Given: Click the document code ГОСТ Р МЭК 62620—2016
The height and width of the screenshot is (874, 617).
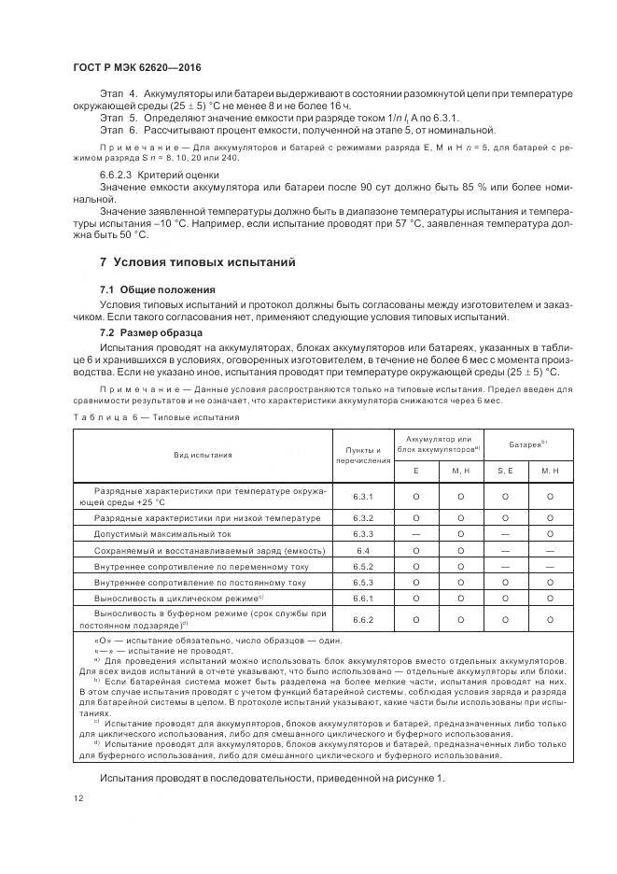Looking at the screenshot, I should [x=137, y=68].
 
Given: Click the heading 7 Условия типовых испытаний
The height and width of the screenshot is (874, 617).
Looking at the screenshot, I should [x=197, y=262].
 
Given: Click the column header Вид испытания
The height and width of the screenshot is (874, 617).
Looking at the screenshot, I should [x=203, y=455].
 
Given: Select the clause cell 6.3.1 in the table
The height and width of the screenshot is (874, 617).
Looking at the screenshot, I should [x=364, y=497].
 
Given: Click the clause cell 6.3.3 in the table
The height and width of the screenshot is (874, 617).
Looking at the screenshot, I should [x=364, y=534].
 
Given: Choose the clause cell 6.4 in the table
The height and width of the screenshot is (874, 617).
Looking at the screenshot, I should [x=364, y=551].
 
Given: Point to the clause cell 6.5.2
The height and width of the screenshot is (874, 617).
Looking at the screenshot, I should [x=364, y=567].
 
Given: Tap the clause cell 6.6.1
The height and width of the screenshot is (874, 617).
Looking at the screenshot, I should [x=364, y=598].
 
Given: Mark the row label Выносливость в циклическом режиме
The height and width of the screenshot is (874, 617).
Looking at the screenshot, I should [x=179, y=598].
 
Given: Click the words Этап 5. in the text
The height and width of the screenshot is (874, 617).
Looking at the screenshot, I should [x=119, y=119].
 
